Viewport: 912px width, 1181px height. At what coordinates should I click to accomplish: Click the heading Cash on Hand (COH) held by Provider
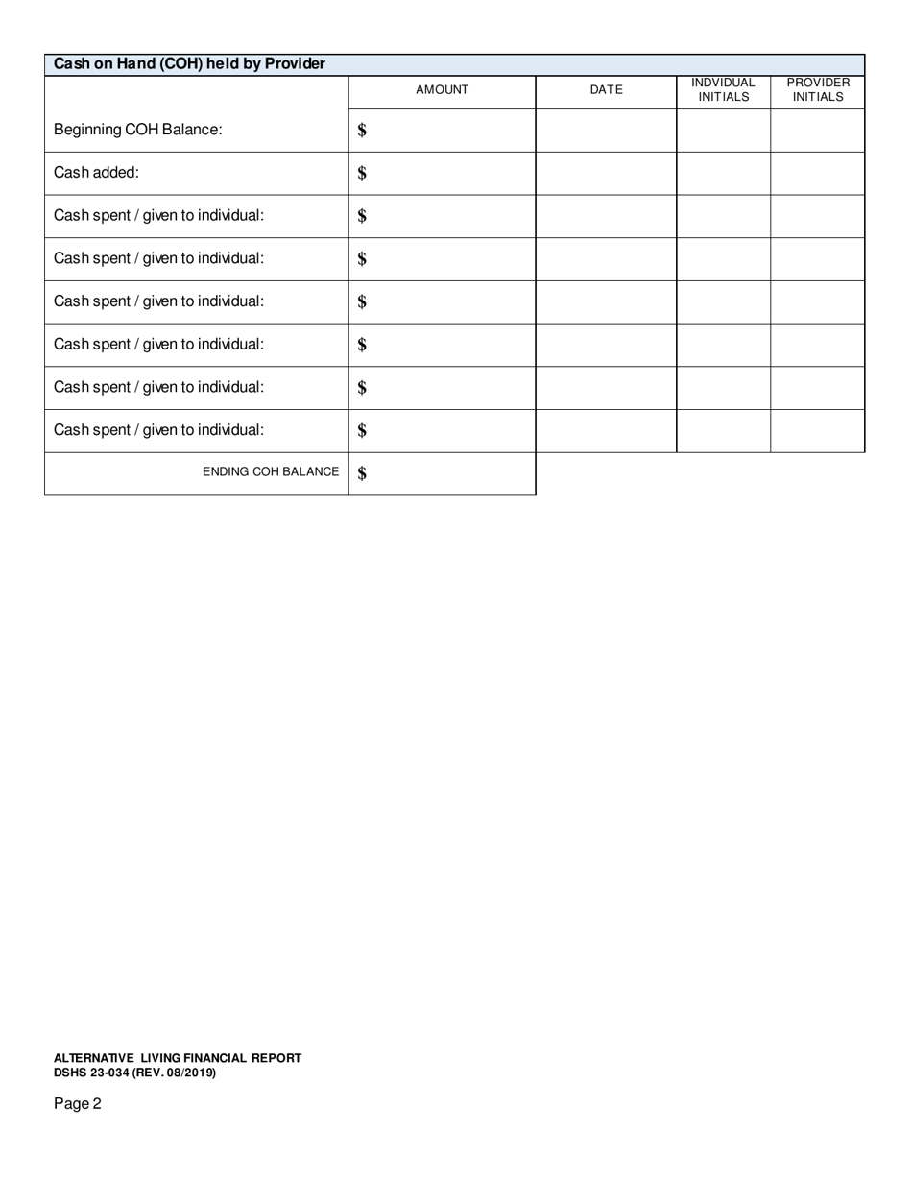point(189,64)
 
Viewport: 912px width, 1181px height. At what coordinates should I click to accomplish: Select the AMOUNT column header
point(442,90)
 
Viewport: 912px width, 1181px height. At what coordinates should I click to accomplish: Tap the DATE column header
point(606,90)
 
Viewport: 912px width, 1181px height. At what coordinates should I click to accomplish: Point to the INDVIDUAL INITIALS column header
point(723,90)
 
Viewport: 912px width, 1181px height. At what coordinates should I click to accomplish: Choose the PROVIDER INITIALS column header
point(818,90)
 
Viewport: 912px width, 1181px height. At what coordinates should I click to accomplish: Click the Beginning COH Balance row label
point(137,130)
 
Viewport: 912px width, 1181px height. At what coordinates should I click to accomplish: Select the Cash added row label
point(96,173)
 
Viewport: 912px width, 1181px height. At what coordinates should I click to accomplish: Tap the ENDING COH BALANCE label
point(271,472)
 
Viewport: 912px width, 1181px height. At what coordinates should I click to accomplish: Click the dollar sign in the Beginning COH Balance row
point(362,131)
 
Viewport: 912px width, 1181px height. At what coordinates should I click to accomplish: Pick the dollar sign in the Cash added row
point(362,174)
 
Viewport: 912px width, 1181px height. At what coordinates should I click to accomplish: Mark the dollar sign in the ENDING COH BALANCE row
point(362,473)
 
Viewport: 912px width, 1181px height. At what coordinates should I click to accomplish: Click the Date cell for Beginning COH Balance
point(606,131)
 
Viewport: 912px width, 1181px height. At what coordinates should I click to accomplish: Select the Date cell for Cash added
point(606,174)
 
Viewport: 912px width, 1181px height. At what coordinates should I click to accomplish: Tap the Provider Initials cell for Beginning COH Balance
point(818,131)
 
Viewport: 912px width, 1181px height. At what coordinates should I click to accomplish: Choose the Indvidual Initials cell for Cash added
point(723,174)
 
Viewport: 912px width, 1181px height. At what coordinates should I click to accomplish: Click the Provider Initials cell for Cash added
point(818,174)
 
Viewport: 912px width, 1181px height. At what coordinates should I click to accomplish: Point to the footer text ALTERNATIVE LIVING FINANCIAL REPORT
point(178,1058)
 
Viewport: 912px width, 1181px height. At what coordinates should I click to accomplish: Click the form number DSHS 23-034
point(91,1073)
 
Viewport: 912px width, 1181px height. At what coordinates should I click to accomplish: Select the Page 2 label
point(77,1104)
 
